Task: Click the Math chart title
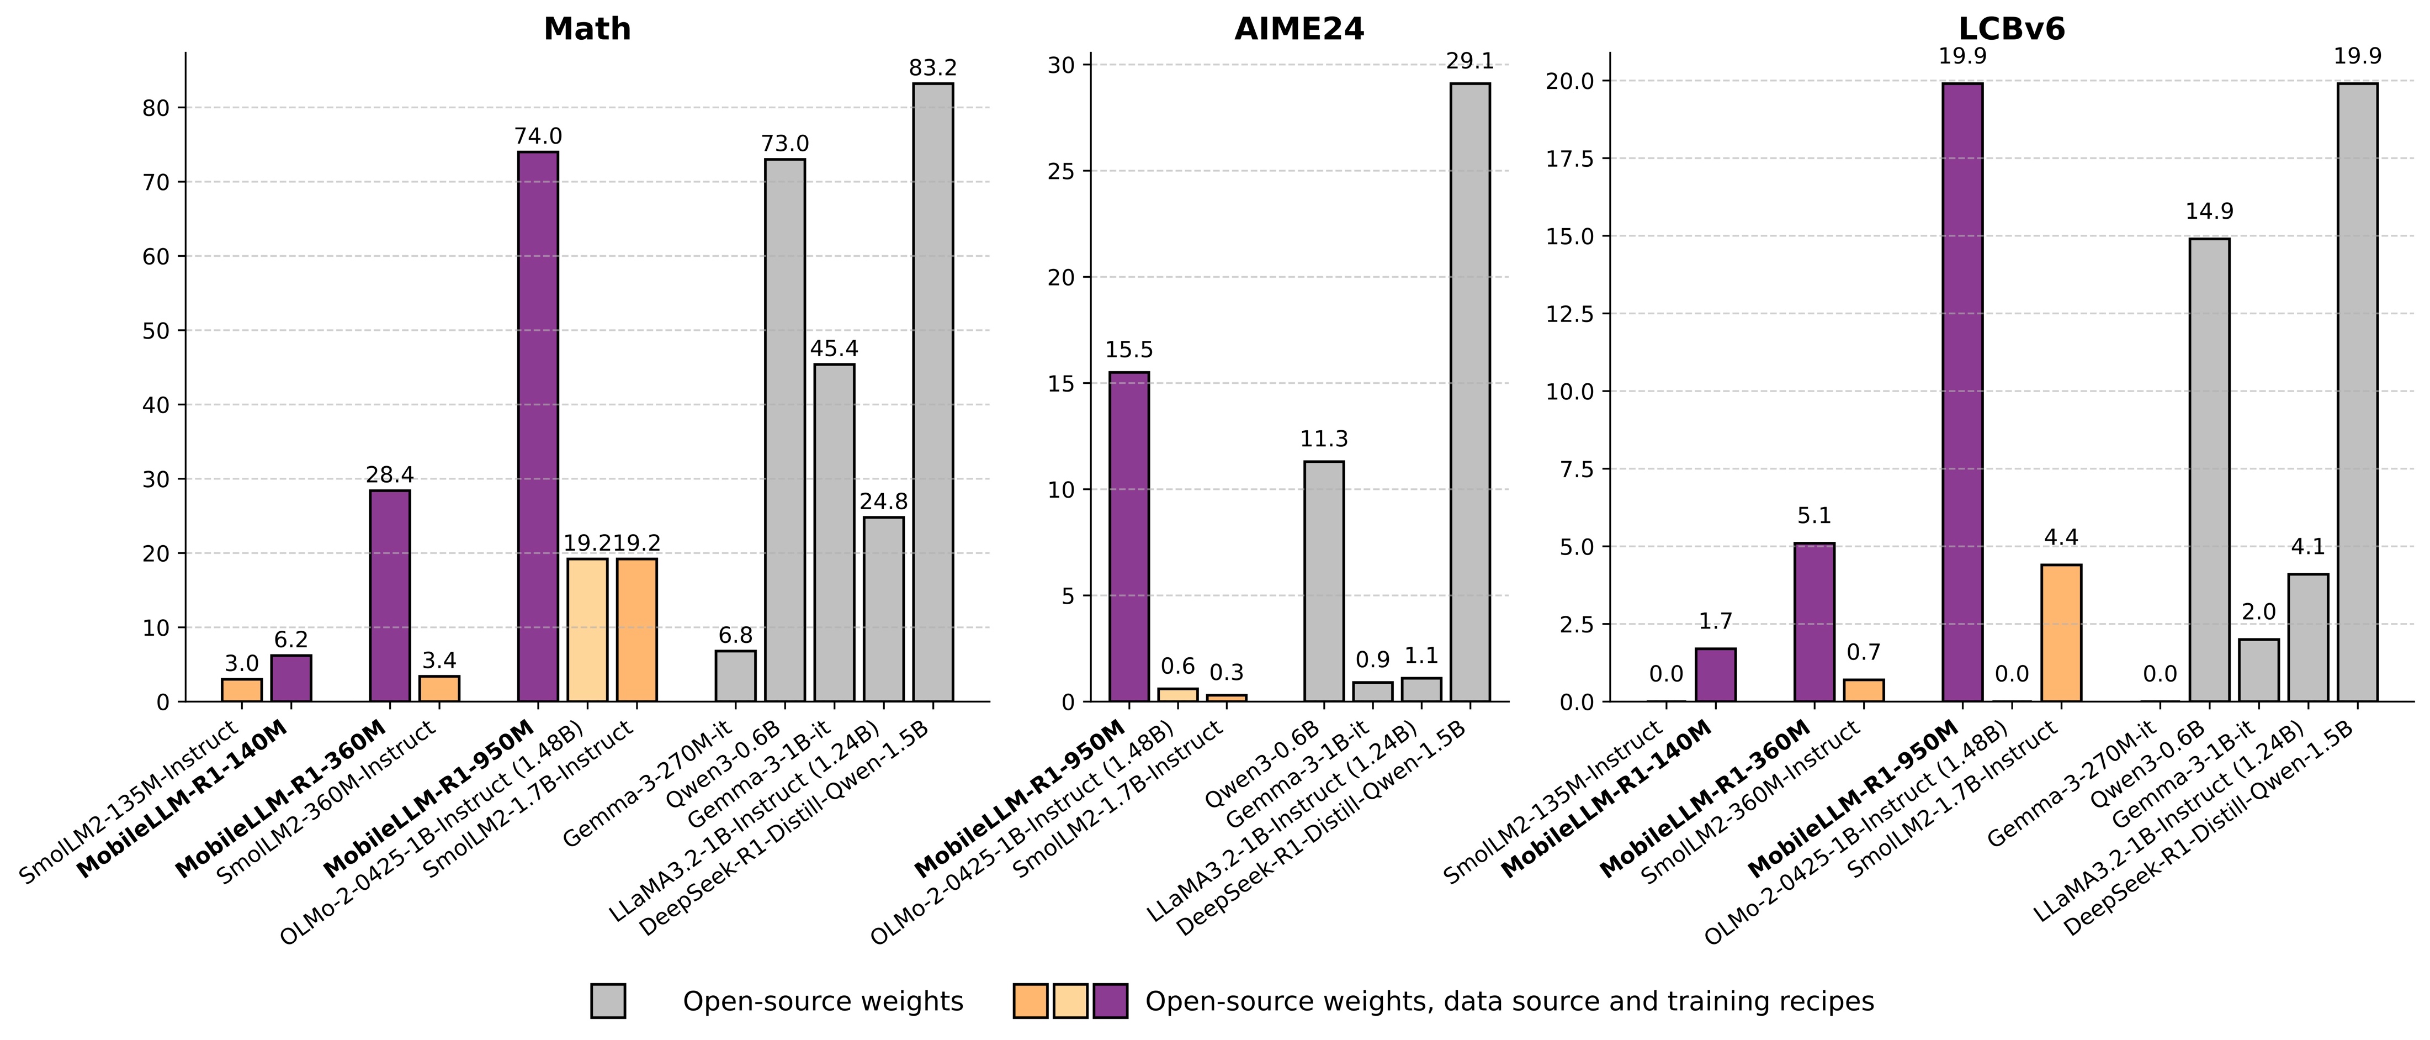(587, 29)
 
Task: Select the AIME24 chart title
(1299, 29)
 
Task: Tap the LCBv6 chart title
(2011, 29)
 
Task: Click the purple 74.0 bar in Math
(538, 426)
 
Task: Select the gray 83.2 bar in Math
(933, 393)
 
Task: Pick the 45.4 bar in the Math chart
(834, 533)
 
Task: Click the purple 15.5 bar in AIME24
(1129, 537)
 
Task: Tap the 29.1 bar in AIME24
(1469, 393)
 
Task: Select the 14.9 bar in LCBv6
(2209, 470)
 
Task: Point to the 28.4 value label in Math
(390, 474)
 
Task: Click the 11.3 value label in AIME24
(1324, 439)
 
